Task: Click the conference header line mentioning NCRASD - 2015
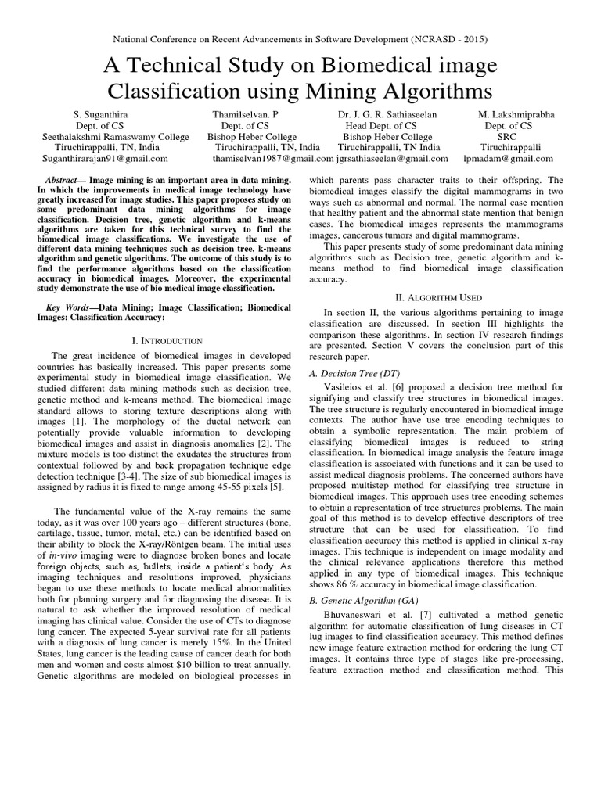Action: tap(300, 38)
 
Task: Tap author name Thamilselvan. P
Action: tap(245, 113)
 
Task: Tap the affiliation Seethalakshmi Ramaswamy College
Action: tap(115, 135)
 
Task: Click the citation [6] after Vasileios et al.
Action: tap(387, 386)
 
